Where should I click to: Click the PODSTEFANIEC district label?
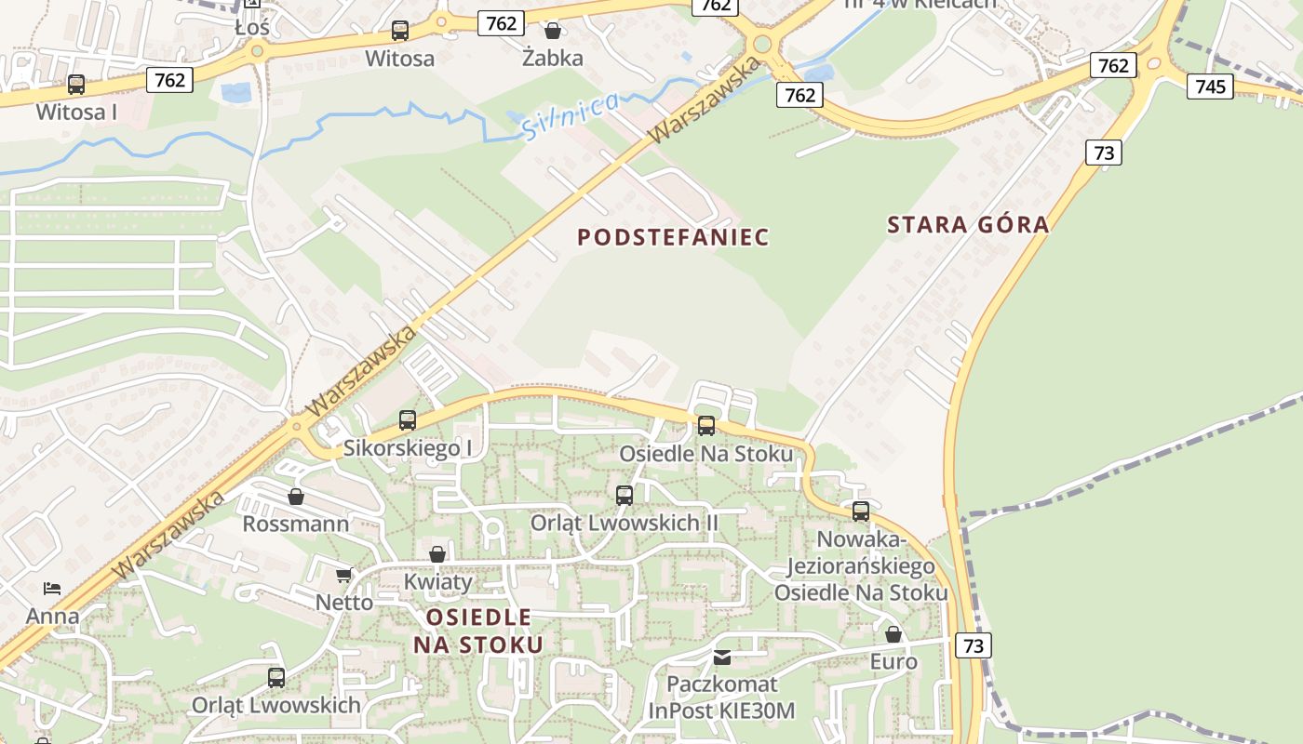(x=673, y=237)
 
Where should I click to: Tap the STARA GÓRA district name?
(x=968, y=224)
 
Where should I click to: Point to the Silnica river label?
(x=570, y=115)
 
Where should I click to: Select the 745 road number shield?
(x=1210, y=86)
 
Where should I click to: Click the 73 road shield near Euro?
(x=973, y=645)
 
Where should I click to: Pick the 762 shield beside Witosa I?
(x=169, y=80)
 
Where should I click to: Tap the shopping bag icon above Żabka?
(x=553, y=31)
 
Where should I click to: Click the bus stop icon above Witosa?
(x=400, y=31)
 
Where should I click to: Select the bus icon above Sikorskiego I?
(x=408, y=420)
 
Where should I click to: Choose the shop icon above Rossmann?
(x=296, y=497)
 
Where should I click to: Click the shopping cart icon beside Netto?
(x=344, y=575)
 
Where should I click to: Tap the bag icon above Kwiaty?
(x=437, y=554)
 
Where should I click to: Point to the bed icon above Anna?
(x=52, y=588)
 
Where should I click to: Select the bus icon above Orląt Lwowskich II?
(x=625, y=496)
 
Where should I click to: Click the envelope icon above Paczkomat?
(x=722, y=658)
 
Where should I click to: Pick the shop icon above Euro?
(x=893, y=634)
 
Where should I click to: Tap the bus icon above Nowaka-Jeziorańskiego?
(x=861, y=511)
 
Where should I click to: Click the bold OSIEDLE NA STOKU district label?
(x=478, y=631)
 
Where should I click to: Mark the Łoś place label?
(x=252, y=28)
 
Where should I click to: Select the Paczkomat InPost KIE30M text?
(x=722, y=697)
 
